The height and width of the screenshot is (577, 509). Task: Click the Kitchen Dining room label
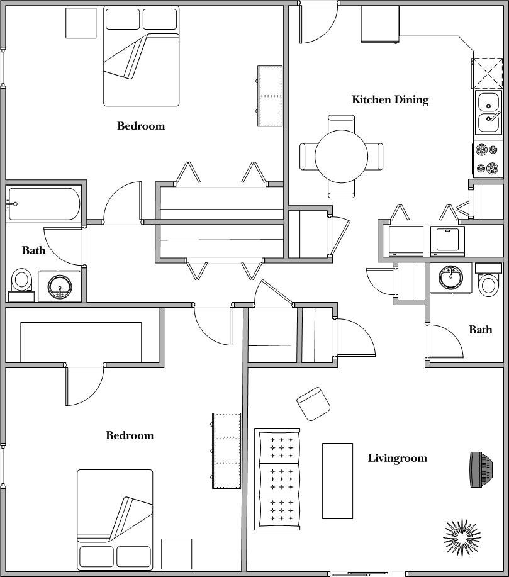point(389,99)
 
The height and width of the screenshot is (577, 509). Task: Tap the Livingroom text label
point(397,458)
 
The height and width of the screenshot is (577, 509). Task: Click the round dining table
point(341,156)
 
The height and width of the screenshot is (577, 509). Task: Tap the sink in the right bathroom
point(450,276)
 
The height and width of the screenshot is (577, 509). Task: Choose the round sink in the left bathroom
point(60,286)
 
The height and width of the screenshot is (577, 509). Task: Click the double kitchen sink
point(488,111)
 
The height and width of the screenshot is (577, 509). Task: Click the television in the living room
point(481,469)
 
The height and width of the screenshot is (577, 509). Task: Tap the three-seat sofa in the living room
point(277,478)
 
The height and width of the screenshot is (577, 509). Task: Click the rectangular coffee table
point(337,481)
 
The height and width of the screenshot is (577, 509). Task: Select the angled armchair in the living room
point(313,403)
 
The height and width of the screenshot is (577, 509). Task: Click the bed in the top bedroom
point(141,56)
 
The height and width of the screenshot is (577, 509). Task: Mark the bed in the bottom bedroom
point(115,520)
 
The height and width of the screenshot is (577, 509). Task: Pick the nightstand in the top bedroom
point(81,23)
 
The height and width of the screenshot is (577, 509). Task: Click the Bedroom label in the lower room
point(129,435)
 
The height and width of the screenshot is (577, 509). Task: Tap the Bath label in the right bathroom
point(480,330)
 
